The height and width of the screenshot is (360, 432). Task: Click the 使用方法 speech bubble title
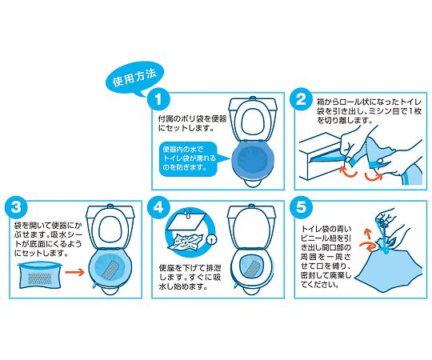(134, 78)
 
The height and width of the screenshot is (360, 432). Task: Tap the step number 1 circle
(158, 99)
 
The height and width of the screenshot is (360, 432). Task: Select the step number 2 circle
(301, 99)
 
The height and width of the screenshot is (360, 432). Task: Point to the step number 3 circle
(16, 207)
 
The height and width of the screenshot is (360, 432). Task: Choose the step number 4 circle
(158, 207)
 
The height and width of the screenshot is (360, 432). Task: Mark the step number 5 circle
(301, 207)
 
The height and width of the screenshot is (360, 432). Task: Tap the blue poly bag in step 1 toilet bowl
(252, 160)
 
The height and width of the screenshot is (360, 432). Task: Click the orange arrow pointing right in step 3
(74, 272)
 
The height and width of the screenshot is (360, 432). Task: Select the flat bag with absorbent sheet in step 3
(40, 274)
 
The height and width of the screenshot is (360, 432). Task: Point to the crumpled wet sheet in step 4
(186, 242)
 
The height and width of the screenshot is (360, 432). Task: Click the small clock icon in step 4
(211, 239)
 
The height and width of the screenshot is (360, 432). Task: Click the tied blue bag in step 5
(388, 268)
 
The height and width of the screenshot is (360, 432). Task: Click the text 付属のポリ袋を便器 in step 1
(192, 119)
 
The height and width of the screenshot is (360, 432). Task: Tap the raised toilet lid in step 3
(110, 226)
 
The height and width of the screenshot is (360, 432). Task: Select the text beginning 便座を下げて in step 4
(190, 277)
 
